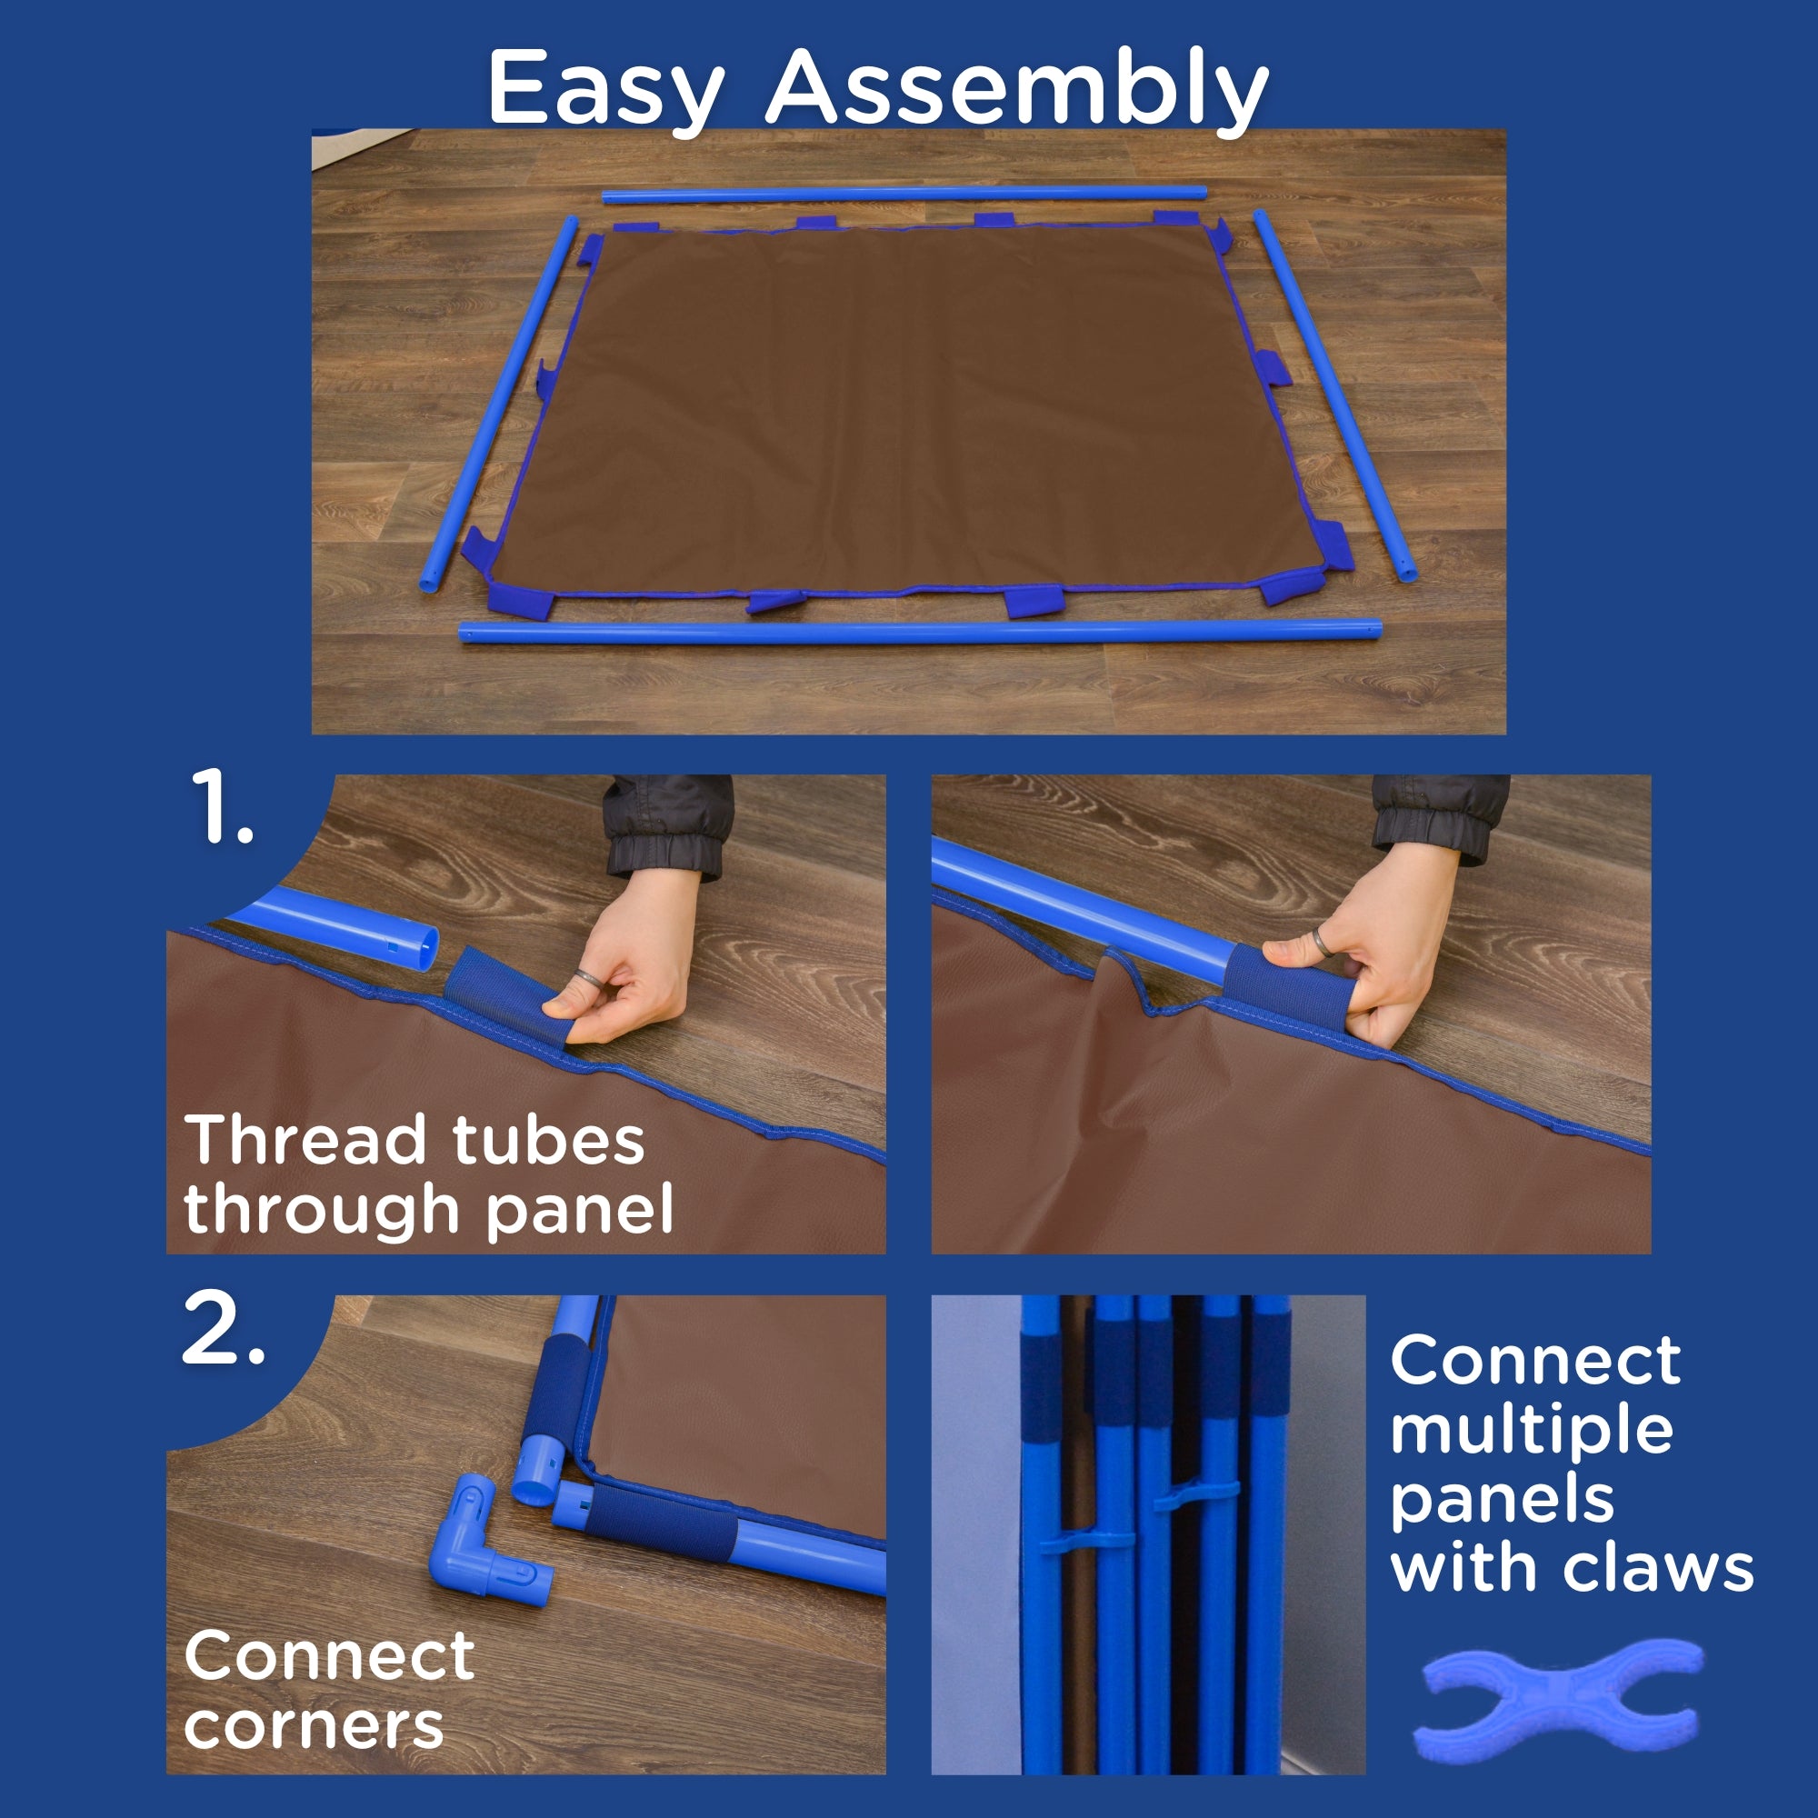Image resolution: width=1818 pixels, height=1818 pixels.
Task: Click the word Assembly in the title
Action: tap(1017, 89)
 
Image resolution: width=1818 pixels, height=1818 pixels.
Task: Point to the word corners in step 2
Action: tap(315, 1726)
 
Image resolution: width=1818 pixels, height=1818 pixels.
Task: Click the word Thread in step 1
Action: tap(305, 1140)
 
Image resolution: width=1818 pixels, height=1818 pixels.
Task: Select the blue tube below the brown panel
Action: tap(920, 631)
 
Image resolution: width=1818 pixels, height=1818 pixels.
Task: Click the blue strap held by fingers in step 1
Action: tap(494, 994)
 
